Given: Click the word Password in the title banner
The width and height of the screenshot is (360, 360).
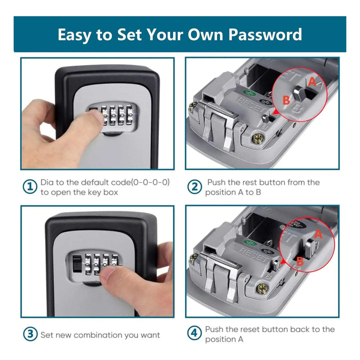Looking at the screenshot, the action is tap(265, 34).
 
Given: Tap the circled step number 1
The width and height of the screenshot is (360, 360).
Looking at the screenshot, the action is tap(30, 186).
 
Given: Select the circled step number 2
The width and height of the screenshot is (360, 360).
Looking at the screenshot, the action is tap(194, 186).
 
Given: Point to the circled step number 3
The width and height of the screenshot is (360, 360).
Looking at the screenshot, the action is tap(30, 334).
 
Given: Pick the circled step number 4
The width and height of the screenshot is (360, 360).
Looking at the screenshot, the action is tap(194, 332).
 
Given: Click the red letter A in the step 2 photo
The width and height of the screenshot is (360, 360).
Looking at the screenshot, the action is tap(312, 81).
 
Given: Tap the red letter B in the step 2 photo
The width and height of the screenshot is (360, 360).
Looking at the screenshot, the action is tap(286, 100).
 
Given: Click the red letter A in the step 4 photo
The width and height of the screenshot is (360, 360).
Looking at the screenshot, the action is tap(318, 234).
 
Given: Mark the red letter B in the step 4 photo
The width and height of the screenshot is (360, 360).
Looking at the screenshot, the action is tap(300, 261).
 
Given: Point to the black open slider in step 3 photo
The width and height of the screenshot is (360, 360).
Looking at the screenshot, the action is tap(77, 263).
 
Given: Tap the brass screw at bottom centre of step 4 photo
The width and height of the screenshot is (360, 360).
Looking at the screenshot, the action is tap(261, 288).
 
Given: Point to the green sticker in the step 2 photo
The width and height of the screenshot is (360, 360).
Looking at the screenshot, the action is tap(250, 93).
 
